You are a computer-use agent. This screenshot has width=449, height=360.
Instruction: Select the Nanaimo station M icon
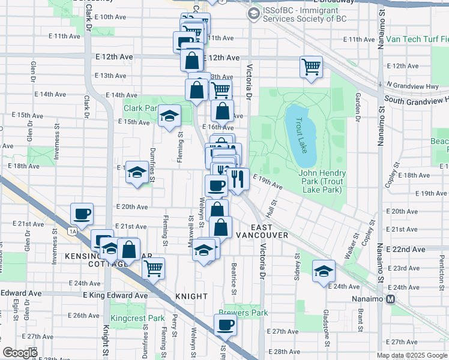coord(391,299)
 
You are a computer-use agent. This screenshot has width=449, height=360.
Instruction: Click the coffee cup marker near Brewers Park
coord(225,325)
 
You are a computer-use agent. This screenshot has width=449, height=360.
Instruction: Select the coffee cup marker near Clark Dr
coord(82,214)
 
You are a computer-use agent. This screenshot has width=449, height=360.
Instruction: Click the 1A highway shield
coord(73,230)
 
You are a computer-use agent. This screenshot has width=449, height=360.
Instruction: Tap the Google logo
coord(20,353)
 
